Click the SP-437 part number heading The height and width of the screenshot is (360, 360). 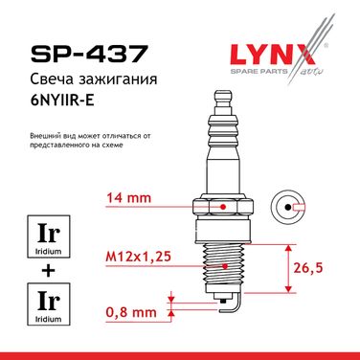(89, 53)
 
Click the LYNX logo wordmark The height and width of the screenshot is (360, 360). (273, 55)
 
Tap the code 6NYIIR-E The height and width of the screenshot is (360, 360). (62, 101)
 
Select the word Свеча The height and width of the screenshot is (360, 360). (50, 79)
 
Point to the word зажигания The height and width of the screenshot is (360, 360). (116, 79)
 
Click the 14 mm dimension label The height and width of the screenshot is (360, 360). (128, 198)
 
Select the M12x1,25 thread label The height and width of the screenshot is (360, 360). (138, 257)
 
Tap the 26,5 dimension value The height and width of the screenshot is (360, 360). (308, 268)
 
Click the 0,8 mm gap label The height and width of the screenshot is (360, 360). (131, 312)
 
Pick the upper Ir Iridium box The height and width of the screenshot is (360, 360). (49, 236)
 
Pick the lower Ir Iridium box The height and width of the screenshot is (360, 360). (49, 304)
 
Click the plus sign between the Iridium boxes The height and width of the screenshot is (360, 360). (49, 271)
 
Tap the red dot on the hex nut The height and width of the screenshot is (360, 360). (223, 207)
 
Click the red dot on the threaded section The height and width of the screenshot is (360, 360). (225, 266)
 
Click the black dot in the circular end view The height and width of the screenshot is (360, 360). (288, 207)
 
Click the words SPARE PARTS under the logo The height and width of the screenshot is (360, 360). (259, 71)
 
